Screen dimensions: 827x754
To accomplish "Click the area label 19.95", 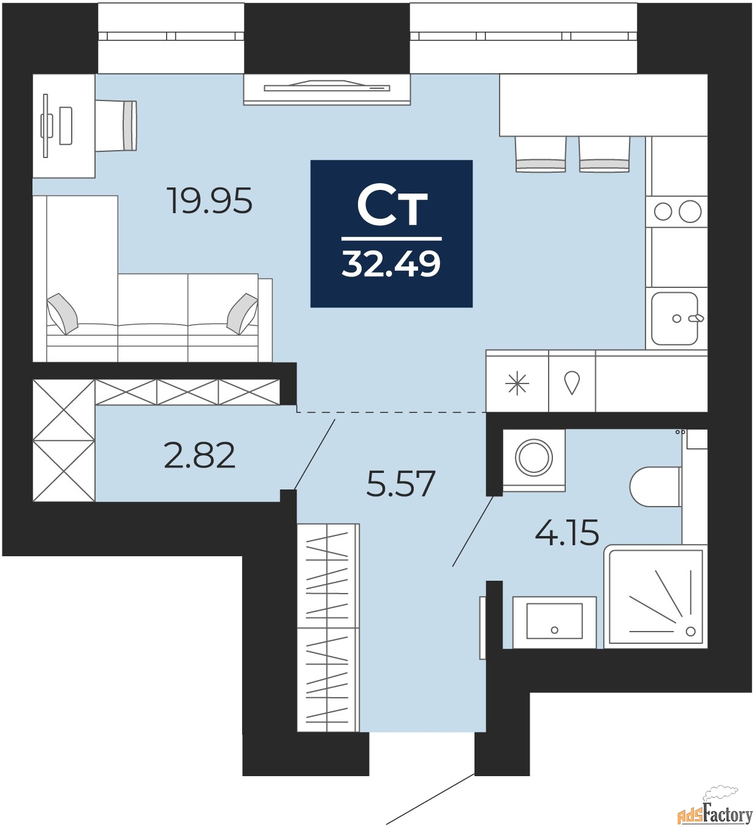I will (210, 201).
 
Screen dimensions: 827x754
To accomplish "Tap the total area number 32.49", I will (391, 264).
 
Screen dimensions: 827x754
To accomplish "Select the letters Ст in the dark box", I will (392, 206).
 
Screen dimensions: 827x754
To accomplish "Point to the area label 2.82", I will (200, 456).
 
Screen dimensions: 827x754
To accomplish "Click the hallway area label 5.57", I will (400, 483).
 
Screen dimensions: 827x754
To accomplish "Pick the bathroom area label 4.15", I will (567, 532).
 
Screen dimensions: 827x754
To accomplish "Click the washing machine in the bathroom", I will (534, 458).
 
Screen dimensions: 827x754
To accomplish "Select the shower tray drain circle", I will (691, 632).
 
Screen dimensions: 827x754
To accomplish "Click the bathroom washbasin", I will (554, 622).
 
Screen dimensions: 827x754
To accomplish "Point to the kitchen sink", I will (674, 319).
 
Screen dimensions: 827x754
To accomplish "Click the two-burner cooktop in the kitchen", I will (677, 211).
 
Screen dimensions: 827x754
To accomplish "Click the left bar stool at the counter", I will (540, 154).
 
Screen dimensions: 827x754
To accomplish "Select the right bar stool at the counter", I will (604, 154).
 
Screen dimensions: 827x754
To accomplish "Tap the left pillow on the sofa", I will (63, 313).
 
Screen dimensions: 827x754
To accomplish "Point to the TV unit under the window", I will (327, 89).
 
